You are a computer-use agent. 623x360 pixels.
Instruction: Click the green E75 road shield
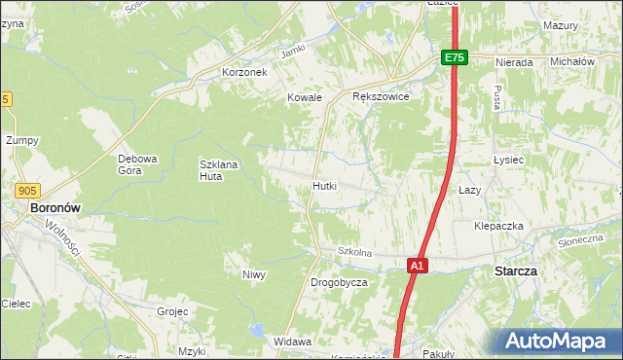(455, 58)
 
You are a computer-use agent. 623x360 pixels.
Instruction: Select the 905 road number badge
(27, 192)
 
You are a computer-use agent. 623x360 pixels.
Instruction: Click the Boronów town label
(55, 208)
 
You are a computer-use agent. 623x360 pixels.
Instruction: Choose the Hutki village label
(325, 185)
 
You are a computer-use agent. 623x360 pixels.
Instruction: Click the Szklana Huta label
(218, 170)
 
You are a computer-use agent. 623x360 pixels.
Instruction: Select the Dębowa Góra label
(137, 164)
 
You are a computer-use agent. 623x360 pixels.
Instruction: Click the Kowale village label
(304, 97)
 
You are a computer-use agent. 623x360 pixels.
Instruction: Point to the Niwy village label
(254, 274)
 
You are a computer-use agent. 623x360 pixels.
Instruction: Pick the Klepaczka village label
(498, 226)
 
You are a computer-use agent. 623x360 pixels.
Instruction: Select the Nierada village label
(514, 62)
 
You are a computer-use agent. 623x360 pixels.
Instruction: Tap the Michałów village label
(572, 61)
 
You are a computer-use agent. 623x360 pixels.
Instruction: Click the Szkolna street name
(355, 252)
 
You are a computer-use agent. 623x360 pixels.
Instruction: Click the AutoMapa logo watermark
(556, 342)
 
